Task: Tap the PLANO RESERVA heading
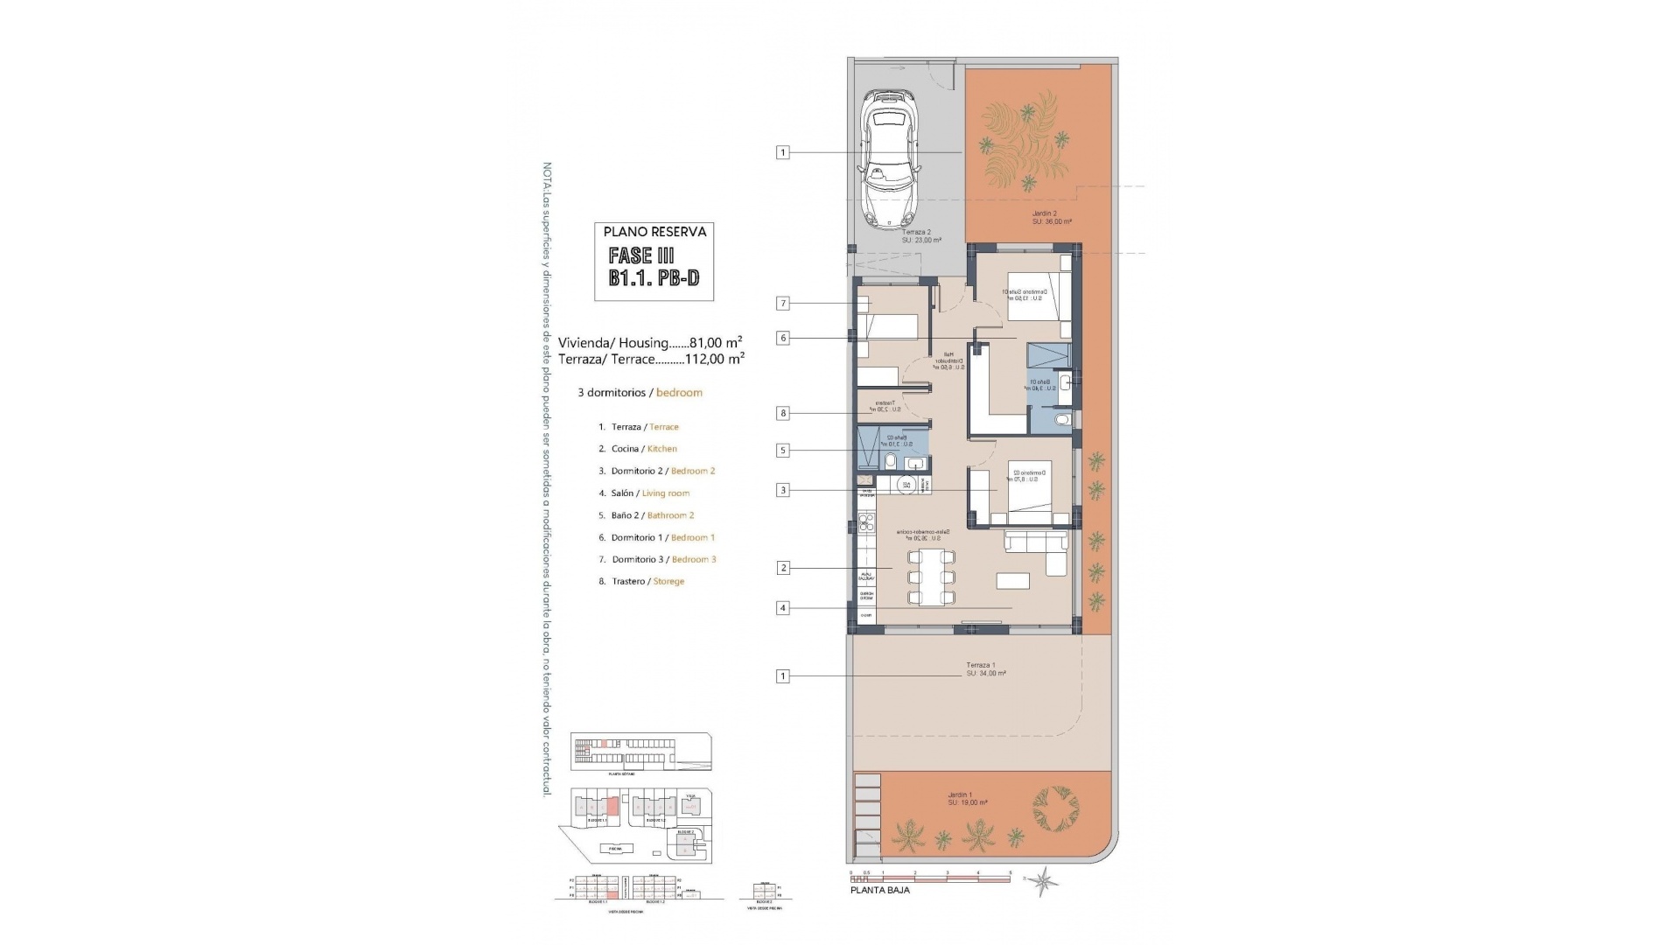(x=654, y=232)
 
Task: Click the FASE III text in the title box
(x=641, y=255)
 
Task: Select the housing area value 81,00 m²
(x=716, y=342)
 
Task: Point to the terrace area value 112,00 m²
(x=716, y=358)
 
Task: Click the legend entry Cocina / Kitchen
(x=644, y=449)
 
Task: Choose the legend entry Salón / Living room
(x=650, y=493)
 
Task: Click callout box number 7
(x=783, y=304)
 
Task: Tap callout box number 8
(x=783, y=413)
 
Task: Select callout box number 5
(x=783, y=451)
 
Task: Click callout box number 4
(x=783, y=608)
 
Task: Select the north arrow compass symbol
(x=1041, y=880)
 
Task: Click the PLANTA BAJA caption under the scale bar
(x=880, y=890)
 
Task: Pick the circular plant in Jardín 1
(x=1056, y=810)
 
